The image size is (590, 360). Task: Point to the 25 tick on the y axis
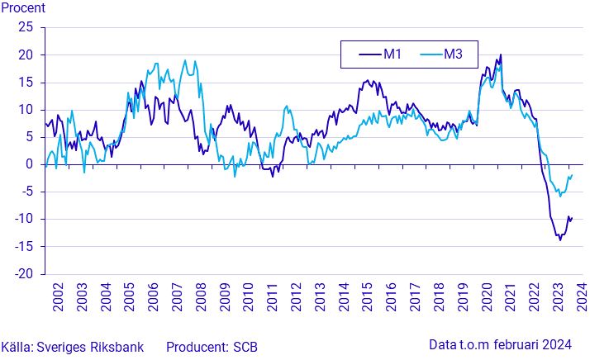26,27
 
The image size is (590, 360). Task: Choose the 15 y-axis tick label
26,83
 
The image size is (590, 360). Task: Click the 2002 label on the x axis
59,298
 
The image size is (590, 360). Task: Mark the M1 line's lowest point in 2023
559,239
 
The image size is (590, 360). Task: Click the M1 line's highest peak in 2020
501,55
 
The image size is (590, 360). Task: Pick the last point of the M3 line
572,175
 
